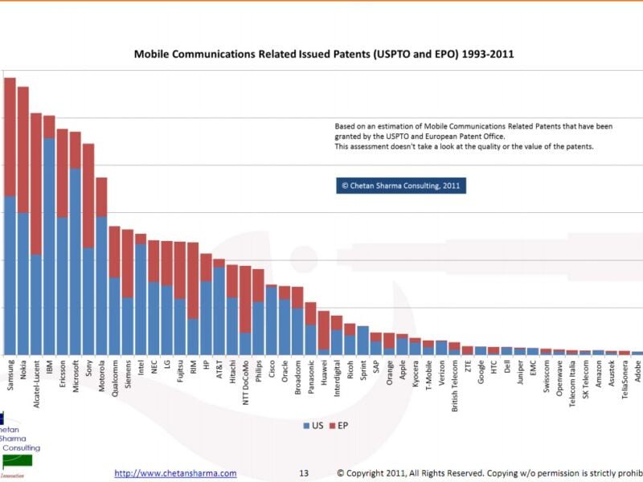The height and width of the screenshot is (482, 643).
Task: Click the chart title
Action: pyautogui.click(x=323, y=55)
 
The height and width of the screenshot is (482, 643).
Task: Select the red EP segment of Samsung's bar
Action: pyautogui.click(x=10, y=137)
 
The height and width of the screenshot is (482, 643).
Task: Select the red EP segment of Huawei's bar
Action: pyautogui.click(x=324, y=329)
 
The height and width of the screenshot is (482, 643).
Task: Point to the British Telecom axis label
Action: pyautogui.click(x=455, y=386)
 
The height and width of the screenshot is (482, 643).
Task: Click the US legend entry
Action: pyautogui.click(x=313, y=425)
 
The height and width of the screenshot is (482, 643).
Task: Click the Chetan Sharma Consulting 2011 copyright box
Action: pyautogui.click(x=400, y=186)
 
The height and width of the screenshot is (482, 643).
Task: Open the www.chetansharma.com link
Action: pyautogui.click(x=175, y=473)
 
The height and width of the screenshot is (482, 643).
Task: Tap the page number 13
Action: pyautogui.click(x=304, y=473)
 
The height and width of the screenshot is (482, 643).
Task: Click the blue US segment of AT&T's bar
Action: pyautogui.click(x=219, y=310)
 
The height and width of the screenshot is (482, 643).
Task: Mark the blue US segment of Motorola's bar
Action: pyautogui.click(x=102, y=285)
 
